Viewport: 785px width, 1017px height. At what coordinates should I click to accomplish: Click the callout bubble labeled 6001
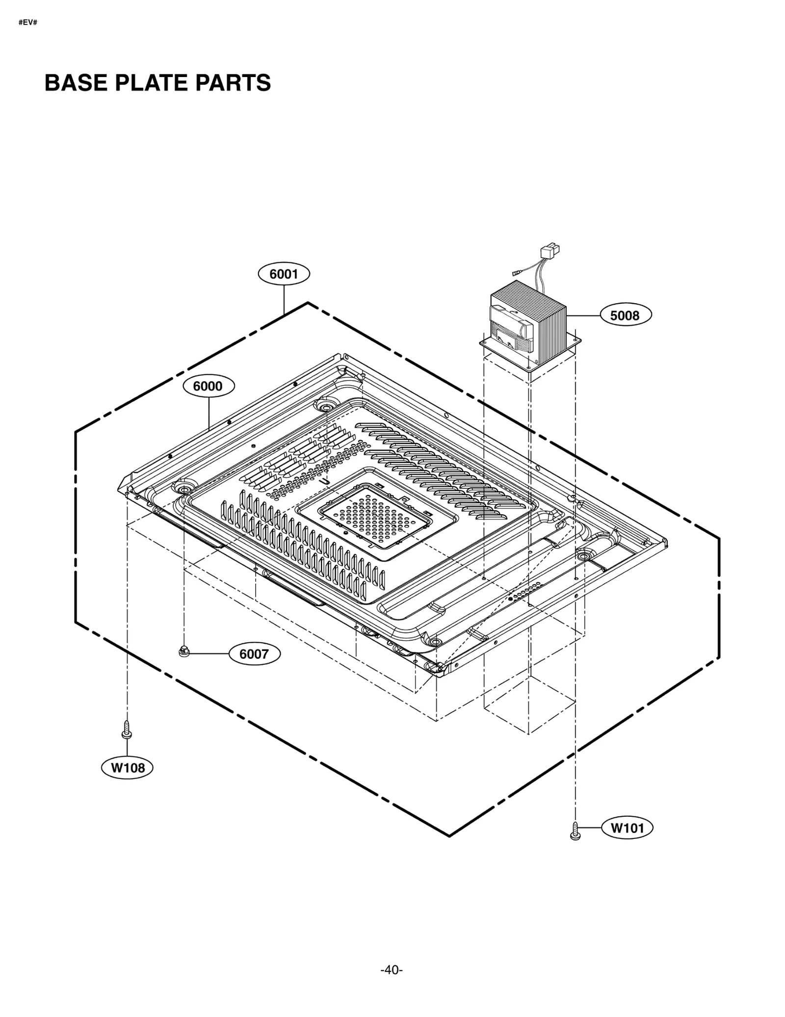coord(284,274)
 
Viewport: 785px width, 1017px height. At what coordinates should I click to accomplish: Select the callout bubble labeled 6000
coord(209,386)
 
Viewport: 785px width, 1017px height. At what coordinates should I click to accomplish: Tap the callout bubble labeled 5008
coord(626,315)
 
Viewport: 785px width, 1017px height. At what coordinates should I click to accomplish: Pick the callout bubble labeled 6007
coord(254,654)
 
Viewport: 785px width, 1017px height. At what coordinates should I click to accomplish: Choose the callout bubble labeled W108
coord(127,767)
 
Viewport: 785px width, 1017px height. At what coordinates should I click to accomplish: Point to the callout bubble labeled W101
coord(627,828)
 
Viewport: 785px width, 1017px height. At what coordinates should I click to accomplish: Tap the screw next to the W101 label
coord(576,831)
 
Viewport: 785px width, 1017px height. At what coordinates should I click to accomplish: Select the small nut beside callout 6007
coord(184,652)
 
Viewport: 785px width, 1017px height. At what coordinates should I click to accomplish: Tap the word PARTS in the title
coord(233,83)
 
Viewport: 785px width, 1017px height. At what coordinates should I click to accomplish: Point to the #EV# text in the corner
coord(28,23)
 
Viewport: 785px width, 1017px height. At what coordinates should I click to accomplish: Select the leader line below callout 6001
coord(284,299)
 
